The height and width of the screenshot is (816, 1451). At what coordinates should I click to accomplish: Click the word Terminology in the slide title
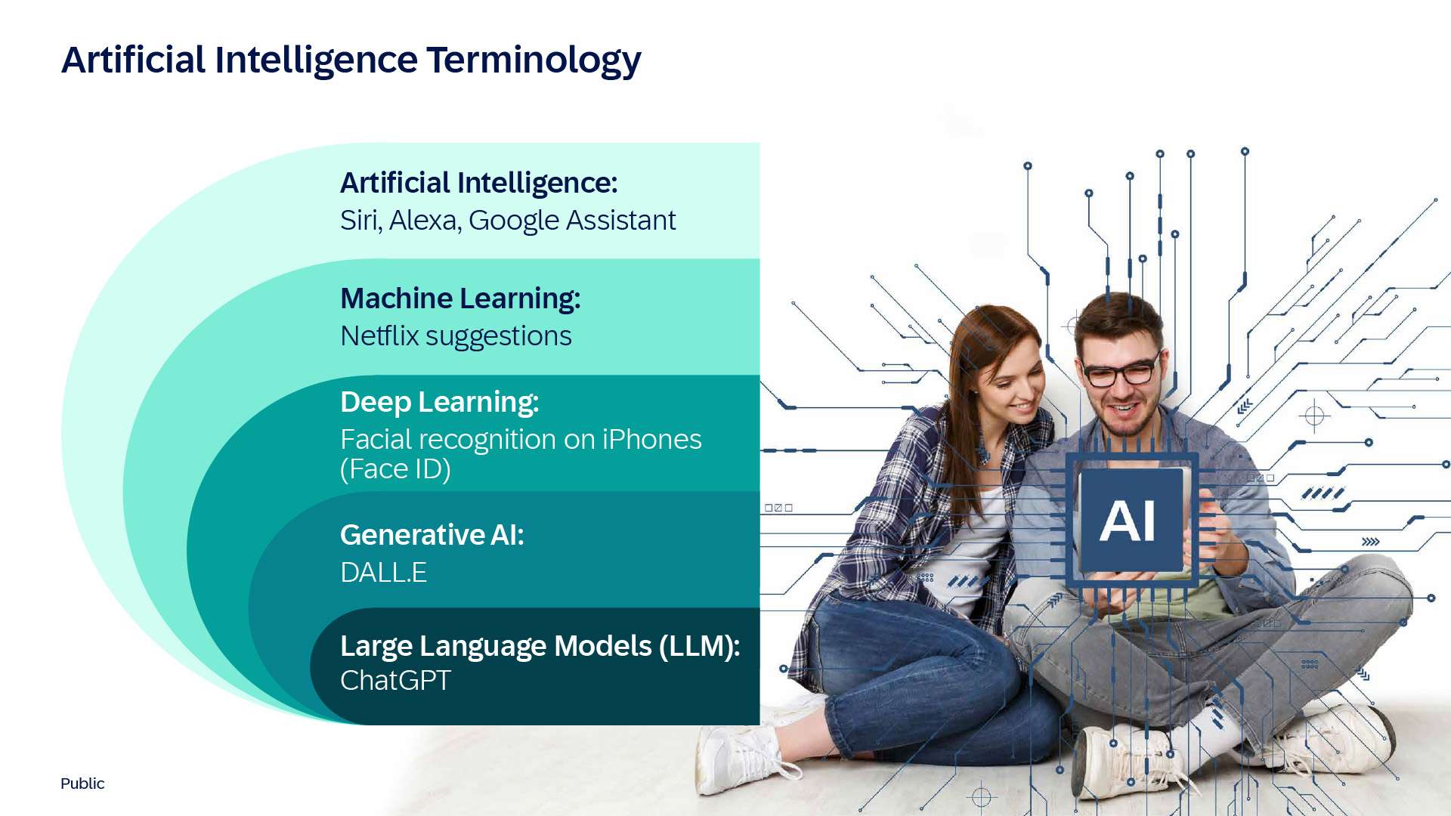pos(534,60)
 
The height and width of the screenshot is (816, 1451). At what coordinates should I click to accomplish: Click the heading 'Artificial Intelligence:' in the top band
pos(479,184)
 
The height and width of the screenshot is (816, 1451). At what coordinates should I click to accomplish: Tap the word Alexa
pos(425,221)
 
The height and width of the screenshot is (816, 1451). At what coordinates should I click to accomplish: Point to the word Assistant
pos(620,221)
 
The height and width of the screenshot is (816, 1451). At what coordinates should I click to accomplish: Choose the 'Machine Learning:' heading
pos(460,299)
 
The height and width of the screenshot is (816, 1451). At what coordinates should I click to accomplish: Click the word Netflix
pos(379,336)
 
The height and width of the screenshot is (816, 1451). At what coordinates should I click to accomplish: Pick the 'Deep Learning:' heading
pos(440,403)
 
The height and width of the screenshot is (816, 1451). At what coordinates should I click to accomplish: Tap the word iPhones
pos(651,440)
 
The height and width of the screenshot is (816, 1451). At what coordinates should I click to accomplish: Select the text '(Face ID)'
pos(395,469)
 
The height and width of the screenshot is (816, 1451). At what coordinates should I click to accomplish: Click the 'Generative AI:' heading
pos(432,535)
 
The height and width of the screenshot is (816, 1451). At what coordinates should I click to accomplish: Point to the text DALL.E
pos(383,573)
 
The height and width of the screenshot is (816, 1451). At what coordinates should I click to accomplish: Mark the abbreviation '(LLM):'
pos(699,647)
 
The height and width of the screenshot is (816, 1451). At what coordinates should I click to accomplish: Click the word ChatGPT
pos(395,681)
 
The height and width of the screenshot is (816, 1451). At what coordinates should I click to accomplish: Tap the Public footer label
pos(82,784)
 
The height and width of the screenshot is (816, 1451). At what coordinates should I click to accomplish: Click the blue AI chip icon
pos(1131,520)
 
